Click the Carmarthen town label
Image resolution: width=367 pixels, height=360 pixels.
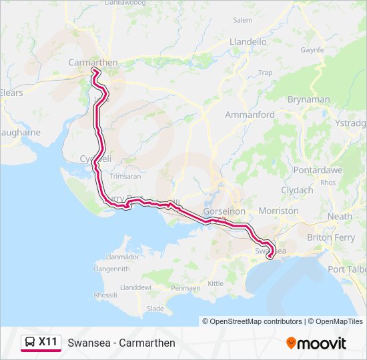coord(93,63)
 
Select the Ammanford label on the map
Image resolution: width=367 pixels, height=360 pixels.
coord(250,115)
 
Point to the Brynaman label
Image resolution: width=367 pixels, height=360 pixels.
coord(308,99)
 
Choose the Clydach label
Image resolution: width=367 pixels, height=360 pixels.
coord(297,190)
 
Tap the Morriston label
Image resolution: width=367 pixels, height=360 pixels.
coord(278,211)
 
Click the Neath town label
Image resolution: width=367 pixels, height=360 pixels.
coord(340,217)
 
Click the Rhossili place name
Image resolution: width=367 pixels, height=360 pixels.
coord(105,295)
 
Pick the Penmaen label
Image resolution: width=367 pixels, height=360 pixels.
coord(186,288)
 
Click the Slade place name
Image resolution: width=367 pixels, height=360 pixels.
coord(155,309)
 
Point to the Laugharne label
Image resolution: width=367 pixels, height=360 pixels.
coord(20,133)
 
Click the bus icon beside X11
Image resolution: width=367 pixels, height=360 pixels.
coord(30,343)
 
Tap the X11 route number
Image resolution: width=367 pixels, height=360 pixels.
coord(47,342)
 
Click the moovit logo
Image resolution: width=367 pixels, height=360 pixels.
coord(316,343)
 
